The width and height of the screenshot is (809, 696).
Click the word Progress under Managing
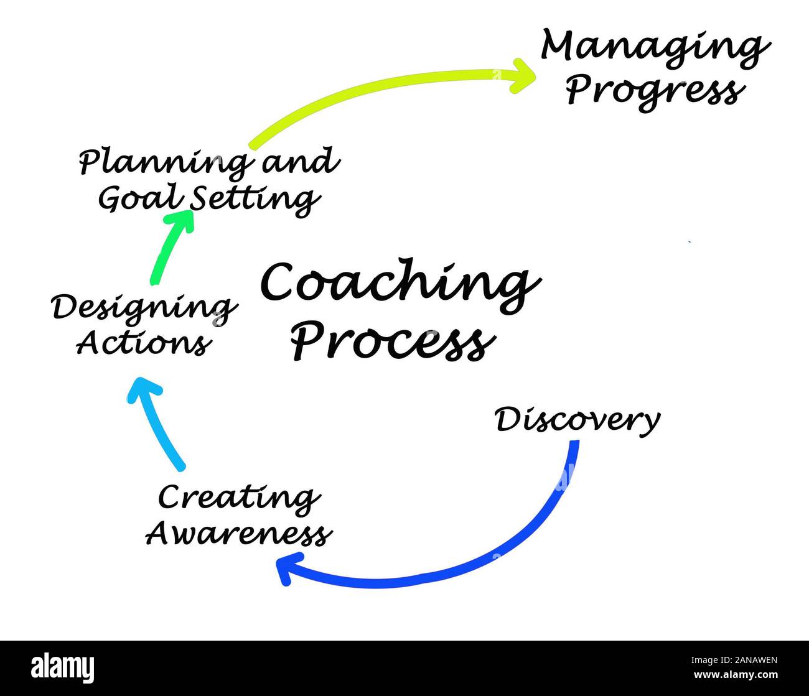(x=653, y=91)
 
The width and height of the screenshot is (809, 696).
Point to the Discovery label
(x=577, y=420)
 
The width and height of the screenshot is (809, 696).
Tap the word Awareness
(x=238, y=534)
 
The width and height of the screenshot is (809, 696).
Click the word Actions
(x=143, y=343)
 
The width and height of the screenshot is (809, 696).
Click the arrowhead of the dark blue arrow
(x=284, y=568)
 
